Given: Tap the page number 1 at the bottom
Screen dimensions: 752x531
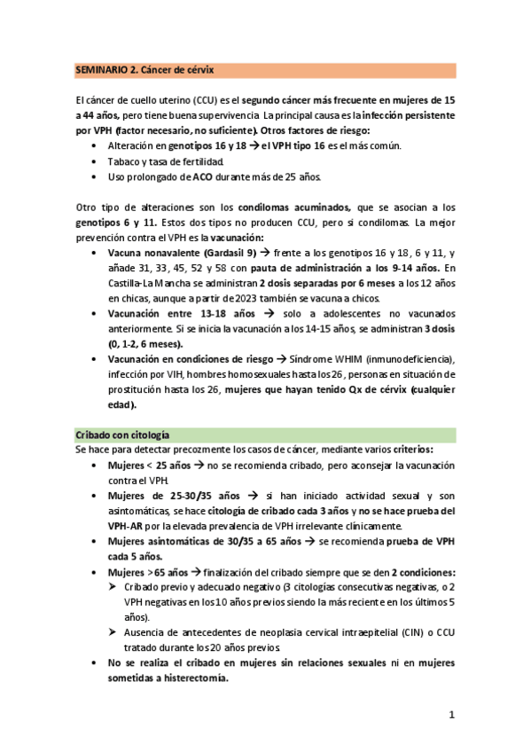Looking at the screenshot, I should click(451, 714).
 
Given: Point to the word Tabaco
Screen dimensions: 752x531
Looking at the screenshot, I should click(124, 161).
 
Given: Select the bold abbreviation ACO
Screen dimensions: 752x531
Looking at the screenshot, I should click(203, 176).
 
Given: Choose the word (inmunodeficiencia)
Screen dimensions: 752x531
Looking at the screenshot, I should click(409, 359).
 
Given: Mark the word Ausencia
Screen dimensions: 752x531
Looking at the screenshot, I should click(148, 633).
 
